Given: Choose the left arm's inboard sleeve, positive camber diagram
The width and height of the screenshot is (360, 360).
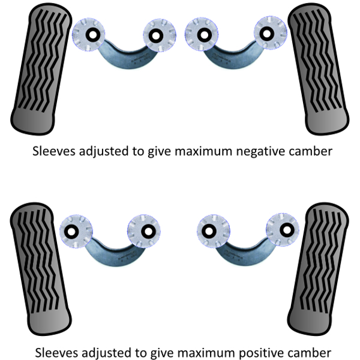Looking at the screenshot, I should [145, 230].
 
